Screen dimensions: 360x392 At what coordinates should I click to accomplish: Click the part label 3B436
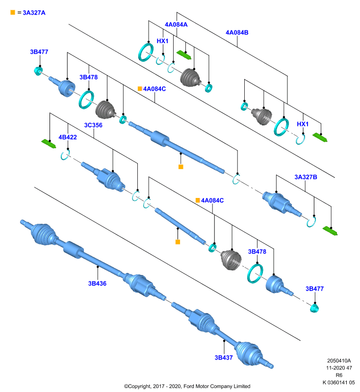tap(97, 284)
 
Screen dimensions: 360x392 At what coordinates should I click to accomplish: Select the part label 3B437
tap(224, 358)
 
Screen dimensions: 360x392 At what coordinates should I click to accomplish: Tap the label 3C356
tap(93, 125)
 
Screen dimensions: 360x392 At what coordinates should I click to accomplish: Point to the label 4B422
tap(68, 137)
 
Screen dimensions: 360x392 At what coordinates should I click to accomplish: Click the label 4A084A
tap(176, 24)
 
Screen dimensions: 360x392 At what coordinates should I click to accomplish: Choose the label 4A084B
tap(237, 32)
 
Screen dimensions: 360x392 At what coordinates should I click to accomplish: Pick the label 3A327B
tap(306, 177)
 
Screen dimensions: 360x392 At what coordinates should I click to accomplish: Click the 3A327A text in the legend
tap(34, 13)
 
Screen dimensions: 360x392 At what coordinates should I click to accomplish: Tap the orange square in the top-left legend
tap(13, 12)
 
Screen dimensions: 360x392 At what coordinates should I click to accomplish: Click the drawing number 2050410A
tap(339, 361)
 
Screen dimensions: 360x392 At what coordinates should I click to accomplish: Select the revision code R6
tap(339, 375)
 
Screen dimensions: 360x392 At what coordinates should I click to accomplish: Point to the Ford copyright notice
tap(187, 386)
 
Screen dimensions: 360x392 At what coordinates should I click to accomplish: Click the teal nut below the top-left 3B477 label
tap(38, 71)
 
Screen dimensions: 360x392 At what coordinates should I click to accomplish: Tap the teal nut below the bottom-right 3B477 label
tap(314, 308)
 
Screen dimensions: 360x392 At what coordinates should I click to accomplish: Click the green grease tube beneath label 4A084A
tap(184, 55)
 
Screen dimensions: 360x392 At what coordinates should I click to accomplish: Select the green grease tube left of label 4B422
tap(49, 144)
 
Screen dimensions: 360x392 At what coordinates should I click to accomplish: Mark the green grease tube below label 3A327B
tap(330, 231)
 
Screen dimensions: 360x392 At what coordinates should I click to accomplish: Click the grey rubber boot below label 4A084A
tap(190, 77)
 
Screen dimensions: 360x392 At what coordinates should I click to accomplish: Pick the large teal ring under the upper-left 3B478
tap(86, 100)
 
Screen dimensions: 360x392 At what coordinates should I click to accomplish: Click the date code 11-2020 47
tap(339, 368)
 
